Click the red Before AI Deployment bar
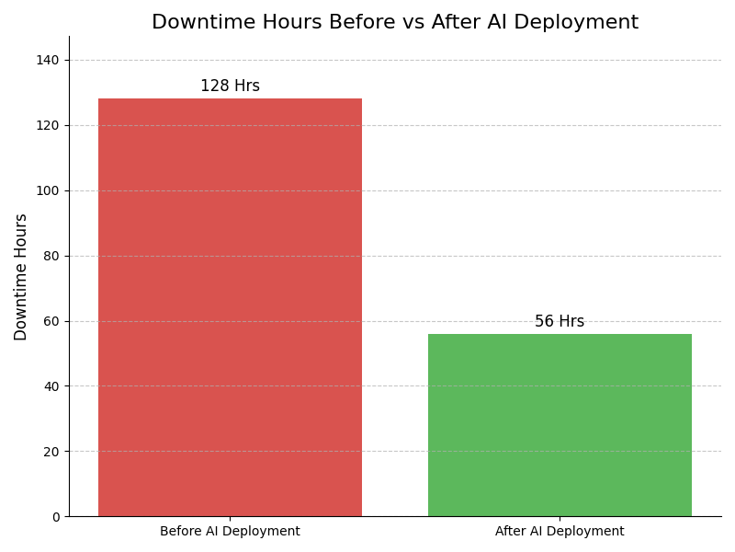point(230,307)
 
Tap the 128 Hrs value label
point(230,86)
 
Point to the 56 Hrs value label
point(560,322)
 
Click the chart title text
point(395,23)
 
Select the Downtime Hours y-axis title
point(21,277)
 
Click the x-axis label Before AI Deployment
point(230,532)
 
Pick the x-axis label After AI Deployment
point(560,532)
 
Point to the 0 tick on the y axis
point(55,517)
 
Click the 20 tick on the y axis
point(51,452)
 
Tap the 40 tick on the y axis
point(51,386)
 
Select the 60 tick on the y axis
point(51,321)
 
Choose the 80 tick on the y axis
point(51,256)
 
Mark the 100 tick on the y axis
point(48,190)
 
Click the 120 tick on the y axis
point(48,125)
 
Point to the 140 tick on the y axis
point(48,60)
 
